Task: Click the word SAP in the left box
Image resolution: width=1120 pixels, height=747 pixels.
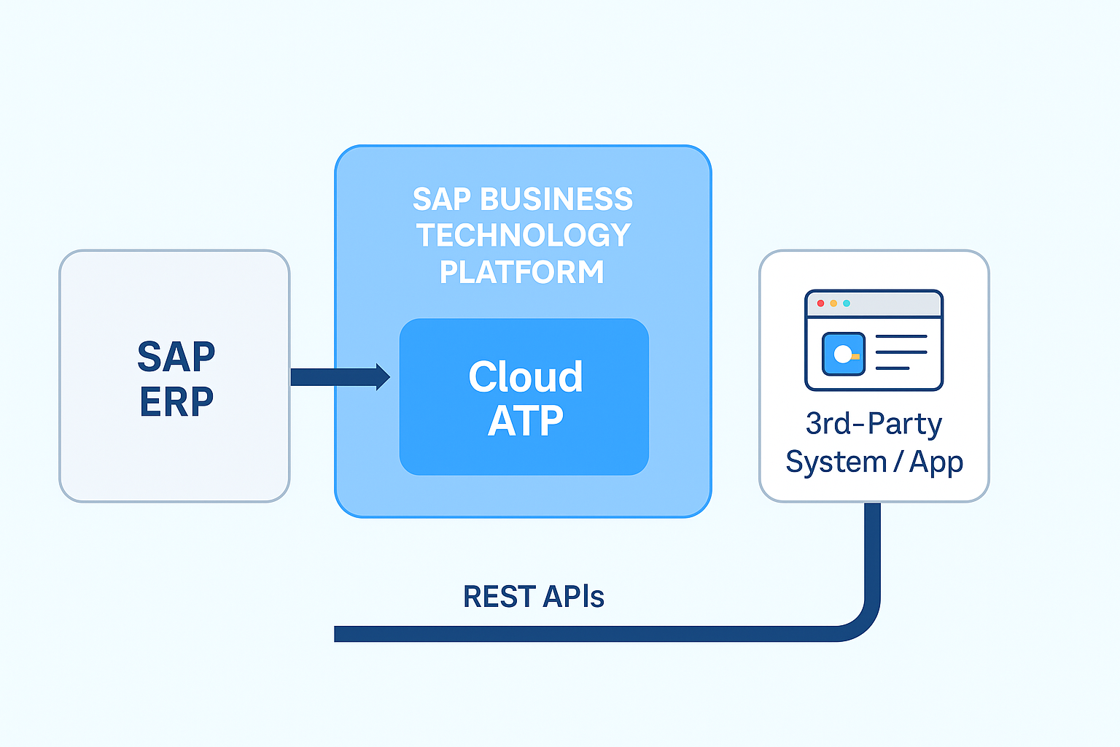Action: click(176, 357)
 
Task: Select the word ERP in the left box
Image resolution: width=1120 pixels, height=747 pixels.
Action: click(176, 401)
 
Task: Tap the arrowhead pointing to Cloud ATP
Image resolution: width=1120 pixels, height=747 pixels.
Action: click(382, 377)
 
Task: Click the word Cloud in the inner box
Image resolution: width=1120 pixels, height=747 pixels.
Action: click(525, 376)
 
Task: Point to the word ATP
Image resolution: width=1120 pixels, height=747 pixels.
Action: click(525, 421)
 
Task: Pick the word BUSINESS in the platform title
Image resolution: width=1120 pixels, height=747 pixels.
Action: click(556, 199)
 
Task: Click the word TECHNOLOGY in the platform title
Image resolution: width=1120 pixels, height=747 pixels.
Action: click(523, 235)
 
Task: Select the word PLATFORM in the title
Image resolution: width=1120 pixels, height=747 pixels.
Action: click(522, 272)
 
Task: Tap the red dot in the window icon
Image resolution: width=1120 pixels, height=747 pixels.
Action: click(821, 303)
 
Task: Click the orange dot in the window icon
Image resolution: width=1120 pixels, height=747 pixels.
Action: click(833, 303)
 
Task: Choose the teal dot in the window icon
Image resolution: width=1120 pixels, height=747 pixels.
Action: click(847, 303)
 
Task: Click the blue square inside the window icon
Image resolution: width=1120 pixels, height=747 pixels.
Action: click(844, 354)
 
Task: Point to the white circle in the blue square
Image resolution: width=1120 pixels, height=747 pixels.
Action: click(842, 355)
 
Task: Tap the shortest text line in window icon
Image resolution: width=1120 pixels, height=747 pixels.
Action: click(892, 368)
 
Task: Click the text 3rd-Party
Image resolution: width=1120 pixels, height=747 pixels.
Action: click(874, 424)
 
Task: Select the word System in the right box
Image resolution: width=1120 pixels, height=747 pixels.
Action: click(836, 462)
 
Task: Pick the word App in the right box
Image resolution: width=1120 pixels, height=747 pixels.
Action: click(936, 462)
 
